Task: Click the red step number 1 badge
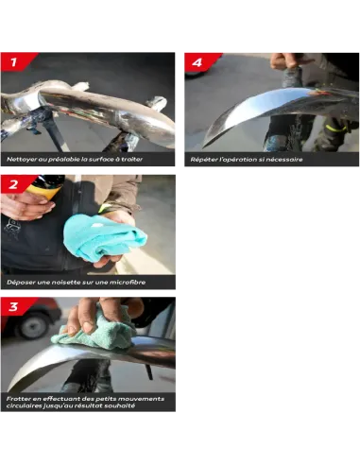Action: click(16, 61)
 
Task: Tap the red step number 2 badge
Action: click(16, 184)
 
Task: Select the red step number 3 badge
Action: click(16, 306)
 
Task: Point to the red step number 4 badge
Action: click(199, 62)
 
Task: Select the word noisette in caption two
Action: click(66, 283)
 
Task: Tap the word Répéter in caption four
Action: click(202, 160)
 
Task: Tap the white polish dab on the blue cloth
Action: click(96, 225)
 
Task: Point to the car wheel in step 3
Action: click(33, 325)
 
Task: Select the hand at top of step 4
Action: click(289, 60)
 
